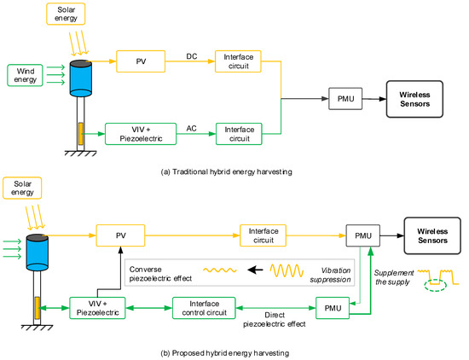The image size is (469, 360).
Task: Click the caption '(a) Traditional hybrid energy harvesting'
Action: [225, 173]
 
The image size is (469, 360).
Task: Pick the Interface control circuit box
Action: [205, 307]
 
